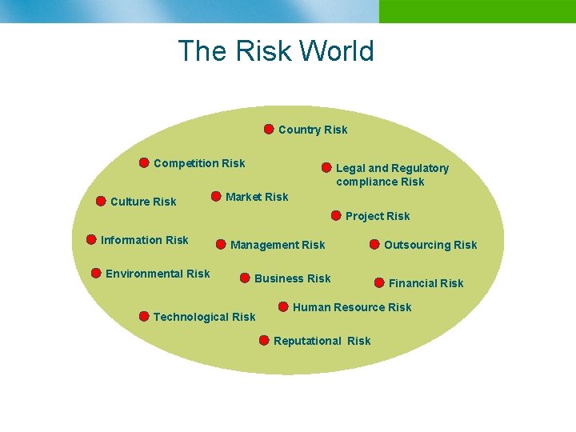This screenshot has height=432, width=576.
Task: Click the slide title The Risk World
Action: (x=276, y=51)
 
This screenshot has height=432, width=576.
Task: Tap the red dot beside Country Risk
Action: (x=269, y=129)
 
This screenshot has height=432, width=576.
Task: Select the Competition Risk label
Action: (x=199, y=163)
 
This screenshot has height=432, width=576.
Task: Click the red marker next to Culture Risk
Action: (x=101, y=201)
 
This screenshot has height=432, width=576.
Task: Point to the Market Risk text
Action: (x=257, y=197)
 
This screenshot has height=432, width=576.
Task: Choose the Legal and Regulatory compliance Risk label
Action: (x=392, y=174)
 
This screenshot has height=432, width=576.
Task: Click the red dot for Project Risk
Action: (x=336, y=215)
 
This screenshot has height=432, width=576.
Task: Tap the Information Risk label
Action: (x=145, y=240)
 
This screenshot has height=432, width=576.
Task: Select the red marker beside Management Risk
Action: (x=221, y=244)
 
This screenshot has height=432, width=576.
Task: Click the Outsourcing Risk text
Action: (x=430, y=245)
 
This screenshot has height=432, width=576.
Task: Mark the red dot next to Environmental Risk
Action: (x=96, y=274)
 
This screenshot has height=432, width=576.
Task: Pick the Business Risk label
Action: (x=292, y=278)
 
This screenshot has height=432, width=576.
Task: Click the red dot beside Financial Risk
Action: (x=379, y=282)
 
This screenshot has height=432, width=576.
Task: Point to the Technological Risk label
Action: (x=204, y=317)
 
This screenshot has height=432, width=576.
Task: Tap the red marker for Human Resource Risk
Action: (x=283, y=306)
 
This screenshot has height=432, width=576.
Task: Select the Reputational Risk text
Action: (x=322, y=341)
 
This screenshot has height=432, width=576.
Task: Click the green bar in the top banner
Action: (x=477, y=11)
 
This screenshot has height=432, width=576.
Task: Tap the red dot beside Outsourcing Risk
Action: (x=374, y=244)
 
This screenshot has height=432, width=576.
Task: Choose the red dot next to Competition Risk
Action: (x=144, y=163)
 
